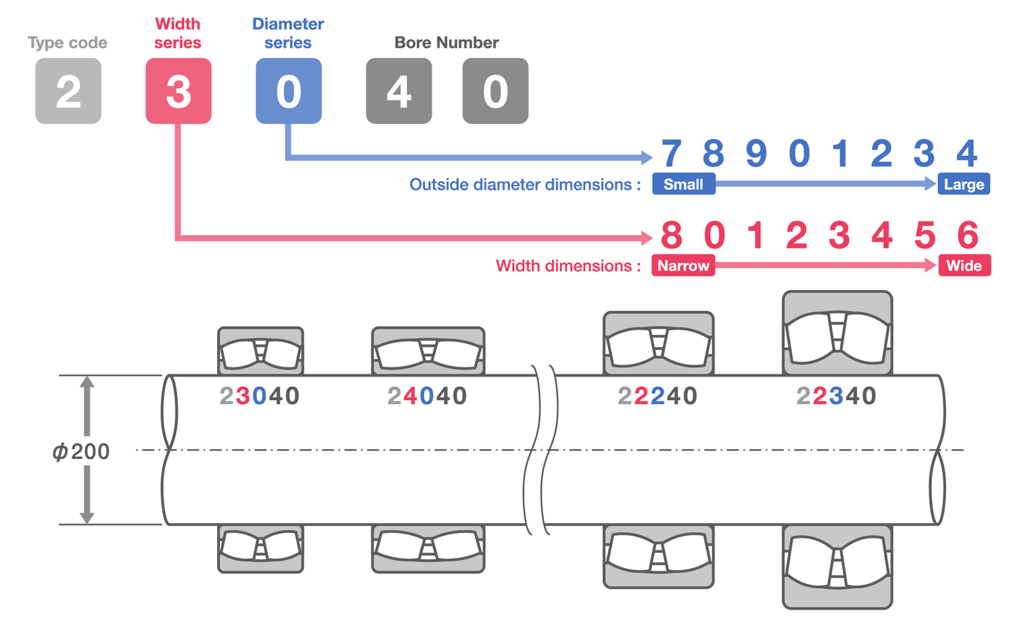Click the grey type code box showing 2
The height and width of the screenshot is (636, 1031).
coord(68,91)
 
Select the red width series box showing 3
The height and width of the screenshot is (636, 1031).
coord(178,91)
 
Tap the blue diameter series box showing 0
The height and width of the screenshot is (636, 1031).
coord(289,91)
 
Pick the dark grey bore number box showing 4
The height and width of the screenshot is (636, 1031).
coord(399,91)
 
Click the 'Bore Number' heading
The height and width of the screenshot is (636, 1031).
coord(446,43)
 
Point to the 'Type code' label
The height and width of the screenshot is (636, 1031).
coord(67,43)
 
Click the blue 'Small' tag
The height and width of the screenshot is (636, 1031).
coord(683,184)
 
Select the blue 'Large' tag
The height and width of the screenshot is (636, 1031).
coord(963,184)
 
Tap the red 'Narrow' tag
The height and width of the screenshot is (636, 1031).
coord(683,265)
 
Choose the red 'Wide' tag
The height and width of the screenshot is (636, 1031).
coord(964,265)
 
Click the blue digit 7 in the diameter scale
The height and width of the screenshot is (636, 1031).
coord(671,153)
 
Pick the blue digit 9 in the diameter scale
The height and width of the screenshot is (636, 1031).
coord(756,153)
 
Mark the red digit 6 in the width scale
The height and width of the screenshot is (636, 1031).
coord(968,235)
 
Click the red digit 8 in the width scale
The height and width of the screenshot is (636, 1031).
coord(671,235)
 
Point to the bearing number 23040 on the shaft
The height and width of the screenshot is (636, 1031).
coord(260,396)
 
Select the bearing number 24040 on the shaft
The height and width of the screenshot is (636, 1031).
coord(427,396)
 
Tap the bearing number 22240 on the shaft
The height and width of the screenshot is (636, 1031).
coord(657,396)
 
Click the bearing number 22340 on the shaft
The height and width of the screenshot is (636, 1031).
coord(836,396)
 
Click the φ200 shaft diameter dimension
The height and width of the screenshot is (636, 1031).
coord(81,451)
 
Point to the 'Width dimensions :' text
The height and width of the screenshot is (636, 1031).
coord(568,265)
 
